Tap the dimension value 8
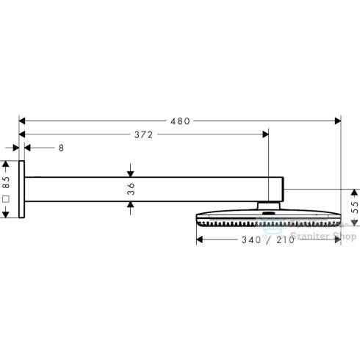coord(61,148)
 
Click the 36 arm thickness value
coord(131,189)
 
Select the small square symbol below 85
coord(6,198)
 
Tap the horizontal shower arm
coord(154,189)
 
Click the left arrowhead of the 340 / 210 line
coord(198,240)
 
